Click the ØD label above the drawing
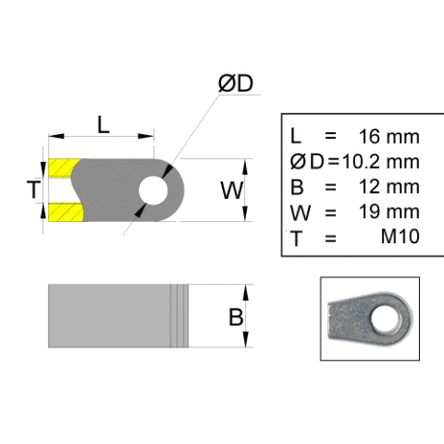(x=236, y=83)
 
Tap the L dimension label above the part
(x=103, y=125)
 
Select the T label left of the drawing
(x=34, y=189)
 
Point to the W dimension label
(x=232, y=190)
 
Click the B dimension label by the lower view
(x=236, y=317)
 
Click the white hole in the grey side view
(x=153, y=190)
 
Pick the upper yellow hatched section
(x=64, y=168)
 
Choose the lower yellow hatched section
(x=66, y=212)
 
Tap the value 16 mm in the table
(x=389, y=136)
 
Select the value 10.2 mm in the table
(x=380, y=161)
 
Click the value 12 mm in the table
(x=389, y=186)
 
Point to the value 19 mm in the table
(x=389, y=211)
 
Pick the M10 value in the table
(x=401, y=236)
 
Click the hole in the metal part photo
(x=385, y=319)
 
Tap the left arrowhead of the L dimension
(x=56, y=136)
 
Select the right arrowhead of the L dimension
(x=146, y=136)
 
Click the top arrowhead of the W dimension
(x=245, y=167)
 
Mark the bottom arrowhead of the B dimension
(x=245, y=340)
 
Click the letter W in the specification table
(x=300, y=213)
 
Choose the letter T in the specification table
(x=296, y=238)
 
